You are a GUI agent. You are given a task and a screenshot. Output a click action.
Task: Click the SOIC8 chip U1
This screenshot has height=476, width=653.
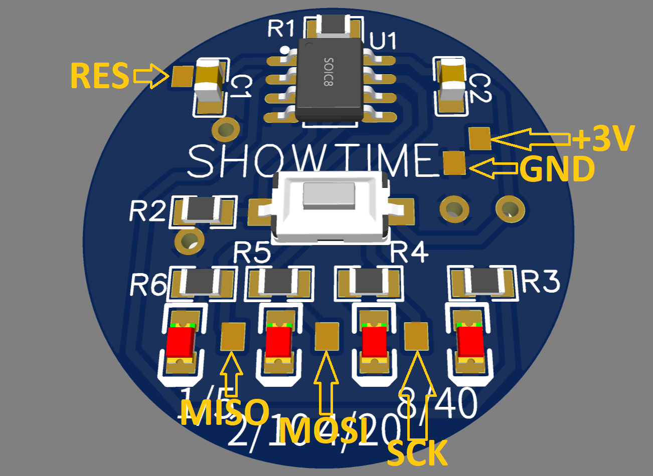pos(330,80)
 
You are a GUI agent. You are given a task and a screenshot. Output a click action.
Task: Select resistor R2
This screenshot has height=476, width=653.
pos(203,210)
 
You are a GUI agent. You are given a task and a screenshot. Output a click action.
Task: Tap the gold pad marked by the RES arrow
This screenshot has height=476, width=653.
pos(182,76)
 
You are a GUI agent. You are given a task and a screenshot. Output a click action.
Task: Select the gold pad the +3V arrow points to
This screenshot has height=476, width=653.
pos(480,138)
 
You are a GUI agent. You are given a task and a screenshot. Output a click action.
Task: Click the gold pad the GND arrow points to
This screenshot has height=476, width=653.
pos(455,163)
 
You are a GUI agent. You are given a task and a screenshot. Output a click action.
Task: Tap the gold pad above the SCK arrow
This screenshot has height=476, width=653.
pos(416,335)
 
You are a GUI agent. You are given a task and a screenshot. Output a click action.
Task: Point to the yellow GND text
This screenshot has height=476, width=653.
pos(557,169)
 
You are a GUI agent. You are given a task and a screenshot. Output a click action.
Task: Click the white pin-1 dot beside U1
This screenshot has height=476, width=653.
pos(285,50)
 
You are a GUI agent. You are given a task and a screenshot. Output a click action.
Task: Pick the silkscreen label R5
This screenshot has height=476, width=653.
pos(252,253)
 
